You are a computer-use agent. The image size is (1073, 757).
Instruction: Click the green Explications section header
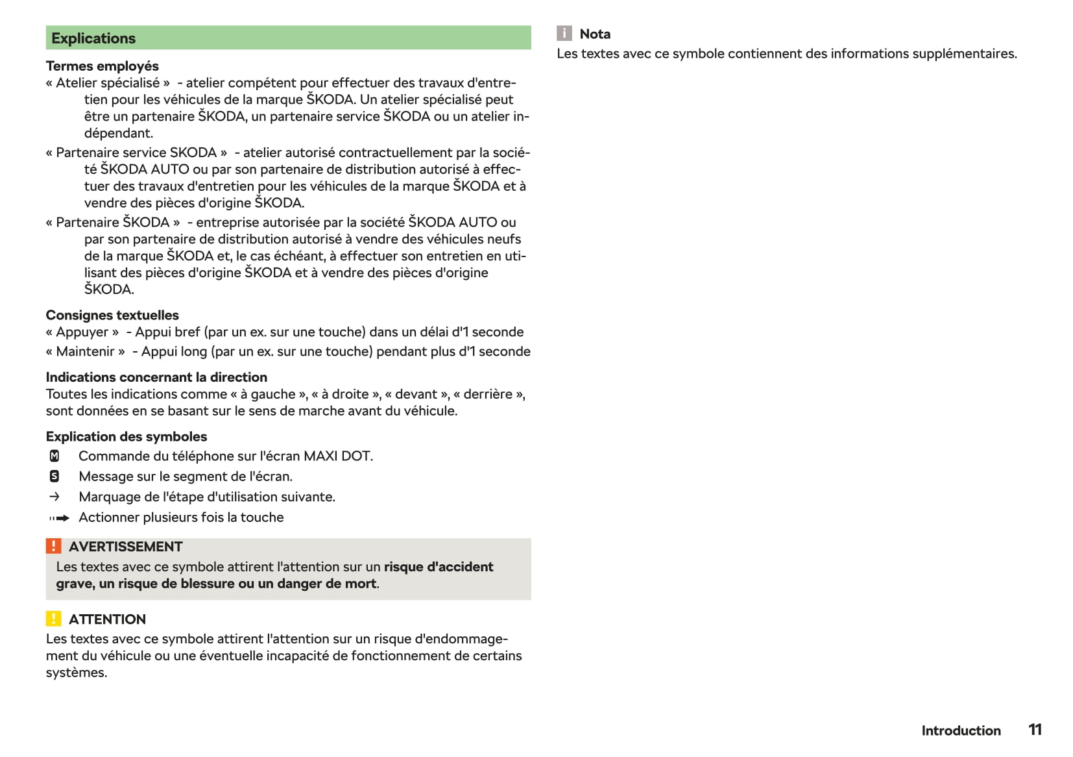click(288, 38)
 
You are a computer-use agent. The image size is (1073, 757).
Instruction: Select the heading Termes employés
click(102, 66)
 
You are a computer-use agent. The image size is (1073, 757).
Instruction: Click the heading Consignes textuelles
click(112, 316)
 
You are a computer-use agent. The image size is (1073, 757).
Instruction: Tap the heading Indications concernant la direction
click(156, 377)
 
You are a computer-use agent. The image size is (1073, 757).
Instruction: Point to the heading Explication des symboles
click(127, 437)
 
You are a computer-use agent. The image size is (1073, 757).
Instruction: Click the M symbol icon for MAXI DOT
click(54, 456)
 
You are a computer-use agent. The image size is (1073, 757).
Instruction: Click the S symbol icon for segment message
click(54, 477)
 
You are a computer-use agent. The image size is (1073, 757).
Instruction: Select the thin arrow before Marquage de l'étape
click(54, 497)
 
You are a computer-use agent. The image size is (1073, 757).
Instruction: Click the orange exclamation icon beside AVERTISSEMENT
click(54, 546)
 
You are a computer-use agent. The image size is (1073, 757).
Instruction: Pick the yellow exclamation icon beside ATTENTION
click(54, 619)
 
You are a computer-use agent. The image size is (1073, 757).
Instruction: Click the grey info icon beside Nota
click(564, 34)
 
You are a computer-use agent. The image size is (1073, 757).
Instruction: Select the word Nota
click(595, 34)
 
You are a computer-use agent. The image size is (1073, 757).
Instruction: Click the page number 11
click(1035, 730)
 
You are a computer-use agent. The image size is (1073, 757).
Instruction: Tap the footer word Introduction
click(961, 731)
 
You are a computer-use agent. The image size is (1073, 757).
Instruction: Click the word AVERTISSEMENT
click(126, 547)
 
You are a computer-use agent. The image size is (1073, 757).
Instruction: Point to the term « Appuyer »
click(82, 332)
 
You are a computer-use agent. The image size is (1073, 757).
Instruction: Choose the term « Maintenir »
click(86, 352)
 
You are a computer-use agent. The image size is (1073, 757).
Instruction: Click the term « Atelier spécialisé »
click(108, 83)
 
